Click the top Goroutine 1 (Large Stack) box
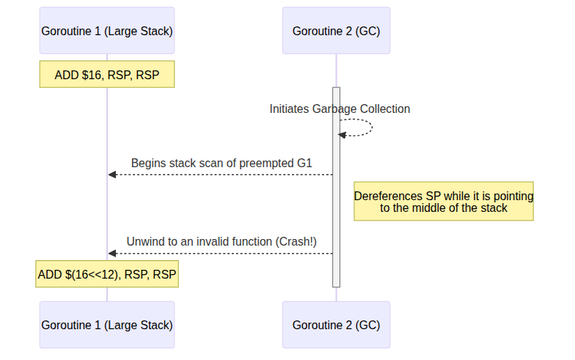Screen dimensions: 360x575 [x=107, y=31]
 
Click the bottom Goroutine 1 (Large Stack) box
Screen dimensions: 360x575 [x=107, y=324]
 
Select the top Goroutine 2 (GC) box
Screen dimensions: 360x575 [x=336, y=31]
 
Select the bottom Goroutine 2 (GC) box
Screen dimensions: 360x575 [x=336, y=324]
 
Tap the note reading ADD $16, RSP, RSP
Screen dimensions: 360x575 [x=107, y=75]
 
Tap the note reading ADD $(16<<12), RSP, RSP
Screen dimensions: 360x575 [x=107, y=275]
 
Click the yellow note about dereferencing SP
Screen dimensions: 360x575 [x=444, y=202]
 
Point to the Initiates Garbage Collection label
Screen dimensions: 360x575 [x=340, y=109]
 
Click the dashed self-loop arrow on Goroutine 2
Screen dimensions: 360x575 [x=370, y=128]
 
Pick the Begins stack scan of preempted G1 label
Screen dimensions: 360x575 [x=221, y=163]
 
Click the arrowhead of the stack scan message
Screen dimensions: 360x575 [x=112, y=175]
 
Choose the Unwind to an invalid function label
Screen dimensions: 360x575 [x=221, y=241]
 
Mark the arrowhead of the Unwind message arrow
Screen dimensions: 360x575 [x=112, y=253]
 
